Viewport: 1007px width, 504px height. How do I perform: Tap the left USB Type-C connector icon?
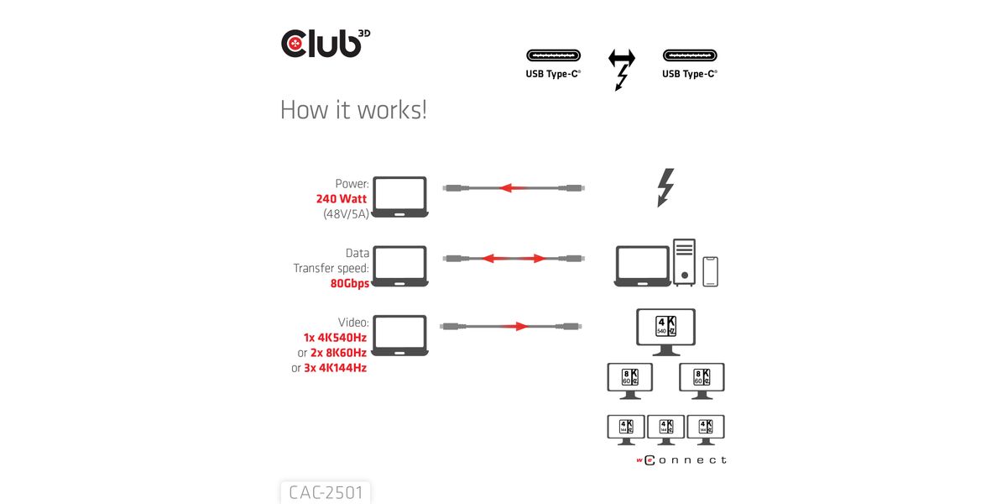click(553, 56)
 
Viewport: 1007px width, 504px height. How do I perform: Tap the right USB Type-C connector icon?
click(690, 56)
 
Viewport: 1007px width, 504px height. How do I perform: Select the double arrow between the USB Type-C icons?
click(622, 58)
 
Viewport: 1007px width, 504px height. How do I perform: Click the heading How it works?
click(353, 110)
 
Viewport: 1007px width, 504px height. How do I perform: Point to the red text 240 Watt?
click(342, 199)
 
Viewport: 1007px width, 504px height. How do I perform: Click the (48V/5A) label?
click(346, 214)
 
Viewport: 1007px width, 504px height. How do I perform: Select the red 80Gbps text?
click(350, 283)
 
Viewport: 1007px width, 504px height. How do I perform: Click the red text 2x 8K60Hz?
click(338, 353)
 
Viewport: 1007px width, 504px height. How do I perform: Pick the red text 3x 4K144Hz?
click(336, 368)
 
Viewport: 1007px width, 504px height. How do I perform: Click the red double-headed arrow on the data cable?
click(514, 258)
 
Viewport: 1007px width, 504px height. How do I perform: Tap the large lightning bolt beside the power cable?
click(665, 188)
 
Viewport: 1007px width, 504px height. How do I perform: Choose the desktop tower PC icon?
click(684, 262)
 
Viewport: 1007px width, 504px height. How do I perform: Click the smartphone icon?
click(711, 271)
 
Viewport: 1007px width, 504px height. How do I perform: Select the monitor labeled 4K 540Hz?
click(665, 330)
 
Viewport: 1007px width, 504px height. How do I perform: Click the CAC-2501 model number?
click(326, 492)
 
